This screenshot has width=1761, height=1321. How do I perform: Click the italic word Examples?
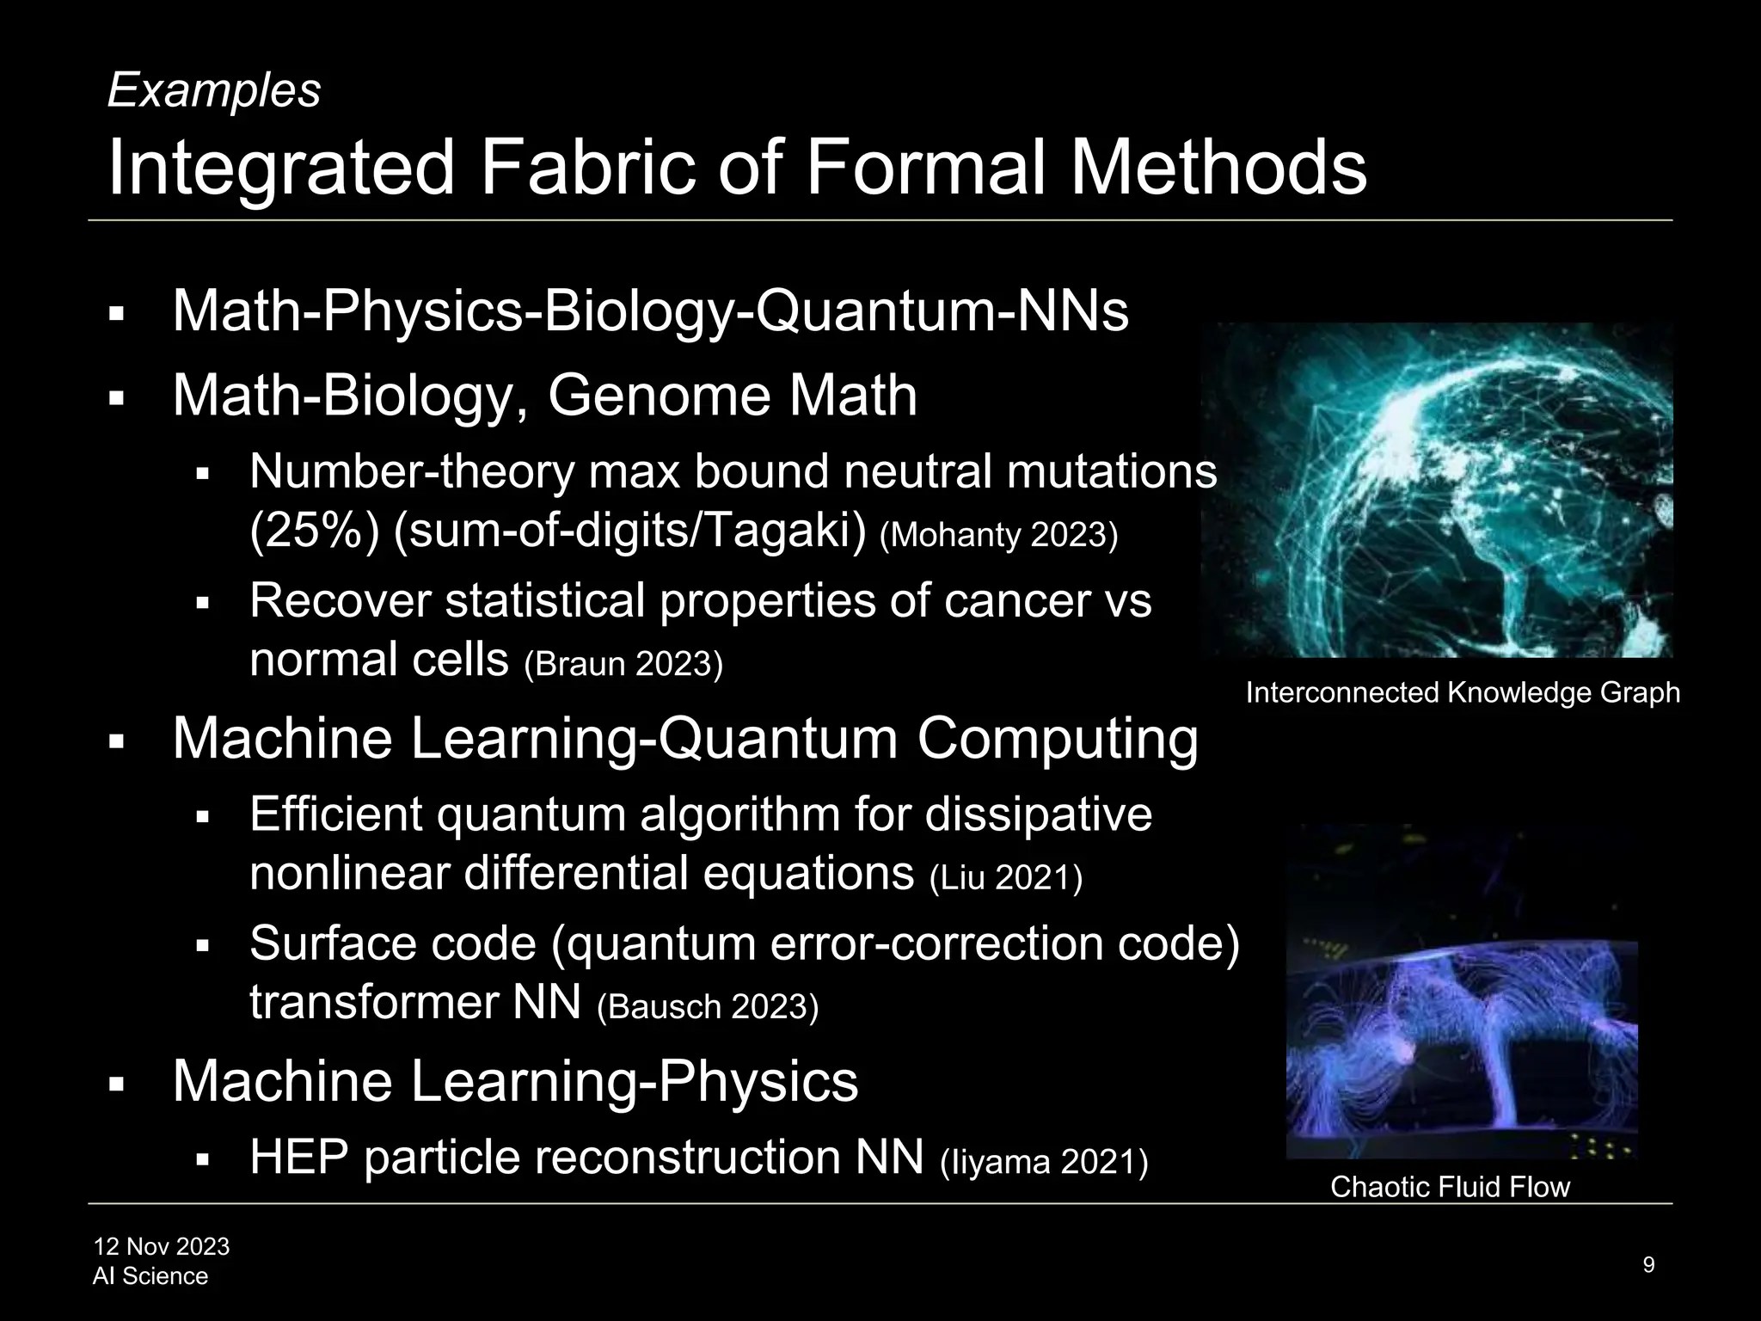[x=213, y=90]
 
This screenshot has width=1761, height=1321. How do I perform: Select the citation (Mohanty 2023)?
[x=998, y=536]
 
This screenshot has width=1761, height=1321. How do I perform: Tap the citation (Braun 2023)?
[x=623, y=664]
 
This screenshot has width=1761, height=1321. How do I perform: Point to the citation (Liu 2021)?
[x=1006, y=878]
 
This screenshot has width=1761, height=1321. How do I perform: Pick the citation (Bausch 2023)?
[x=707, y=1006]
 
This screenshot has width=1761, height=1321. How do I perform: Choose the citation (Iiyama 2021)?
[x=1044, y=1161]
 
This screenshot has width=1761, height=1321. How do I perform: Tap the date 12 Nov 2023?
[x=162, y=1246]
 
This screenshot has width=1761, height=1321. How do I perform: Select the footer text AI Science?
[x=150, y=1276]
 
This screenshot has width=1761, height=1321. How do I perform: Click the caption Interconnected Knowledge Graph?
[x=1462, y=692]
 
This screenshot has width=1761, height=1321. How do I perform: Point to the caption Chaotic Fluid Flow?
[x=1450, y=1187]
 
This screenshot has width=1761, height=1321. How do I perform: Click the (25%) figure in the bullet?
[x=314, y=532]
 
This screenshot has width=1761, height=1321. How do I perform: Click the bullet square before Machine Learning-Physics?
[x=117, y=1085]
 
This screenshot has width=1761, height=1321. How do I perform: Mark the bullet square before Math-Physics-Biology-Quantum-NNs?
[x=117, y=315]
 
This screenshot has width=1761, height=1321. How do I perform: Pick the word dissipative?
[x=1038, y=814]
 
